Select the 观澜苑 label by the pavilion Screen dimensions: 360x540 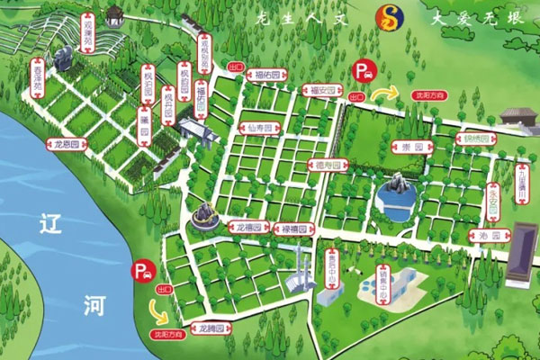[88, 31]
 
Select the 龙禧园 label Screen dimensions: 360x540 [247, 225]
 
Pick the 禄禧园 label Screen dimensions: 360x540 [291, 229]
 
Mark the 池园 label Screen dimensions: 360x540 [485, 236]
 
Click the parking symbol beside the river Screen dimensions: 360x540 [142, 268]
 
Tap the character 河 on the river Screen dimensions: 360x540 [98, 307]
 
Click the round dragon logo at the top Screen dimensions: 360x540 [390, 14]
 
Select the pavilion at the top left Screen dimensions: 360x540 [115, 14]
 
